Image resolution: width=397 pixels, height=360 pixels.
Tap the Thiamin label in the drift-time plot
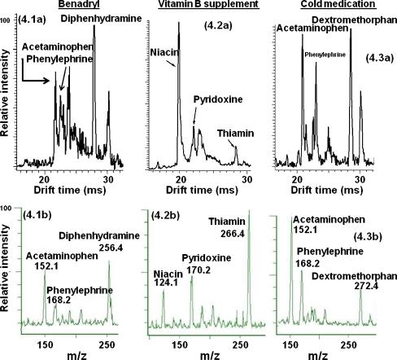point(233,132)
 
